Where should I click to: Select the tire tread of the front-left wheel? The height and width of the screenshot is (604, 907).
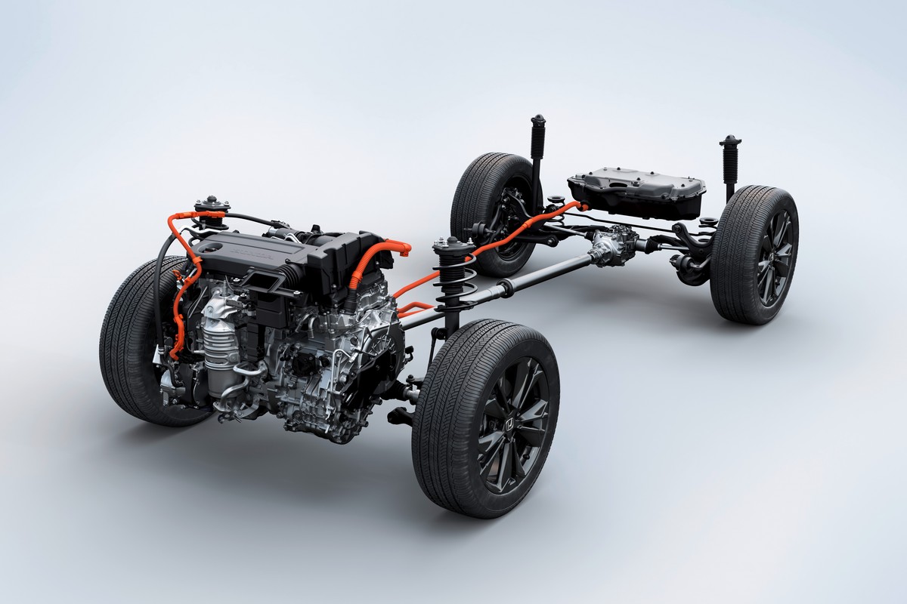tap(125, 340)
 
